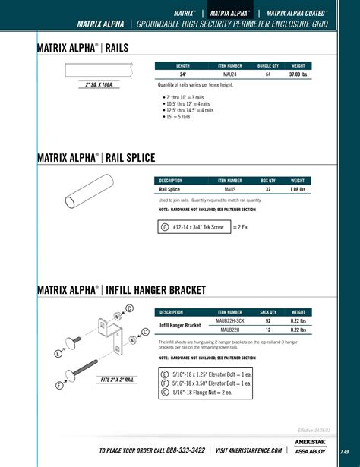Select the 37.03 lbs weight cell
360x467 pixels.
coord(298,75)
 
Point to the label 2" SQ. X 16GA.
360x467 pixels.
coord(99,84)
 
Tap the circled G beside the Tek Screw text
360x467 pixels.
coord(165,227)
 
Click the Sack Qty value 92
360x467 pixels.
coord(267,321)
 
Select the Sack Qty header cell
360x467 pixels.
coord(267,312)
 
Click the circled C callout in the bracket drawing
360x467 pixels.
coord(129,308)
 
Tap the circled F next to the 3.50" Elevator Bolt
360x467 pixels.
coord(165,383)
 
